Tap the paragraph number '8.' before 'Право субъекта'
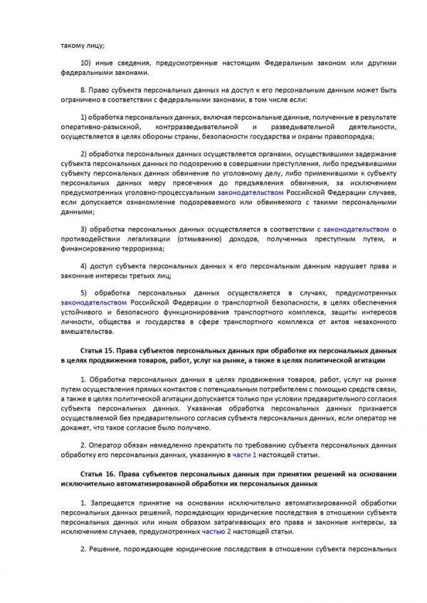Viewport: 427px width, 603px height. pos(83,91)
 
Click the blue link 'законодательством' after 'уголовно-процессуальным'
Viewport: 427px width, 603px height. pos(251,193)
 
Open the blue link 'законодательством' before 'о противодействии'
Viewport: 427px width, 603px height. pos(357,230)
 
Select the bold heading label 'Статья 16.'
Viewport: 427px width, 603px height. pos(98,473)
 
